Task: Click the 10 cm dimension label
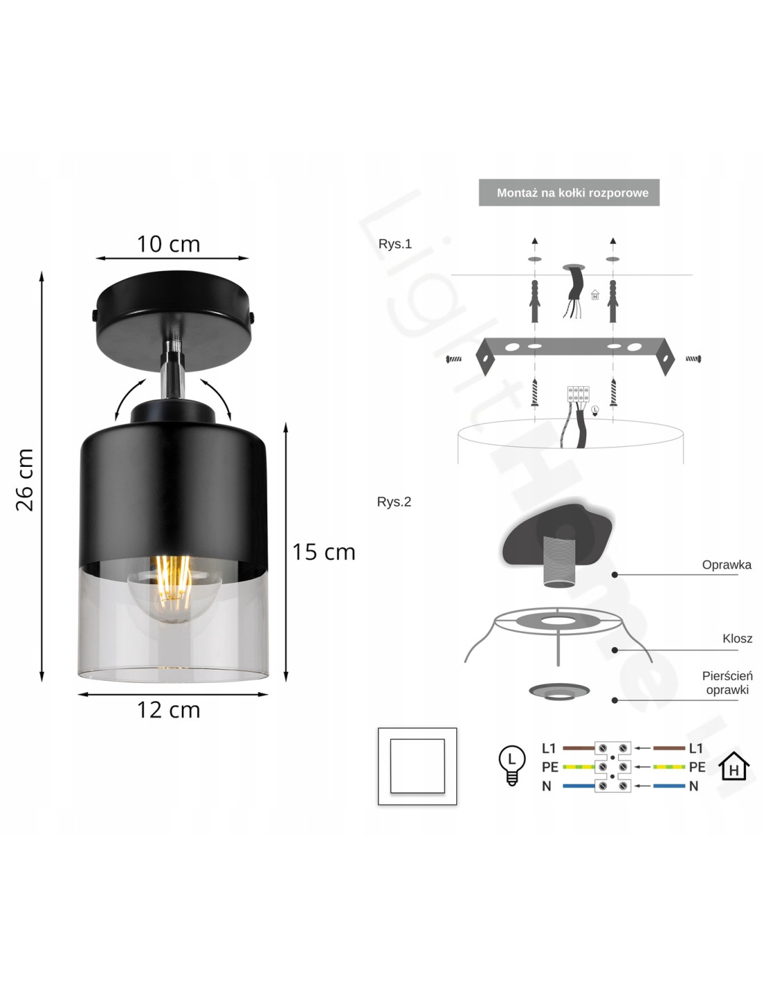coord(168,244)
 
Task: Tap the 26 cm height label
coord(24,479)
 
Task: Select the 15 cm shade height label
coord(324,552)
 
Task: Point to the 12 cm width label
coord(168,710)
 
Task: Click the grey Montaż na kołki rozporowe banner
coord(569,192)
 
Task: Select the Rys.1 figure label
coord(395,244)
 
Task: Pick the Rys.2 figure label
coord(394,502)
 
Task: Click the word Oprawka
coord(726,565)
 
